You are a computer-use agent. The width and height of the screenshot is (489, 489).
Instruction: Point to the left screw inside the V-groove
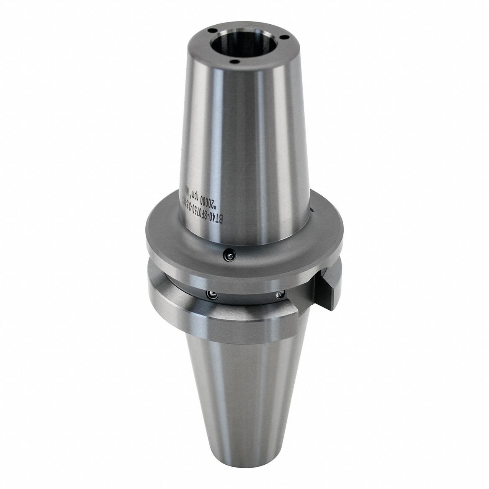click(x=213, y=295)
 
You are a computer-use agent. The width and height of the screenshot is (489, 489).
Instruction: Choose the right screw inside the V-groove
click(x=279, y=295)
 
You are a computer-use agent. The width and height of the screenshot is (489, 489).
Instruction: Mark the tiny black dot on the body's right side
click(x=311, y=208)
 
